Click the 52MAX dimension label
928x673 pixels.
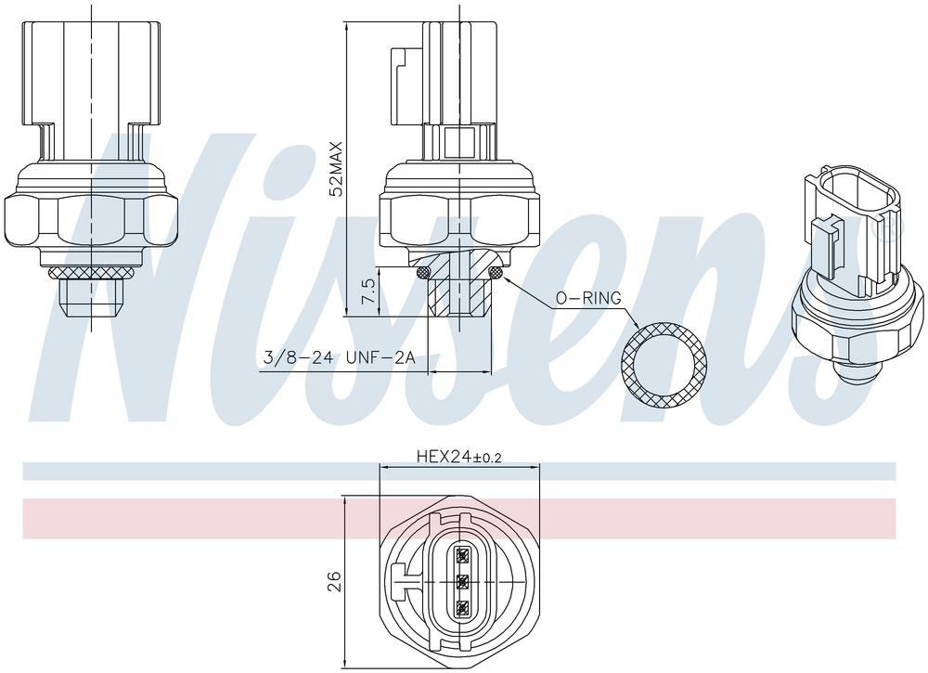coord(336,169)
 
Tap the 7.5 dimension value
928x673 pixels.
coord(367,291)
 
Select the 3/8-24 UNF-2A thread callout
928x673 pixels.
coord(339,358)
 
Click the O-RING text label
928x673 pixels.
coord(587,298)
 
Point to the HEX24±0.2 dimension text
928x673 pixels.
coord(459,457)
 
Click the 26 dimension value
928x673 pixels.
coord(335,581)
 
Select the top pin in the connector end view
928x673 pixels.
coord(461,554)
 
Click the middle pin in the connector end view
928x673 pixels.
coord(461,581)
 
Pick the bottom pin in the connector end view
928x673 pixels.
coord(461,607)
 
